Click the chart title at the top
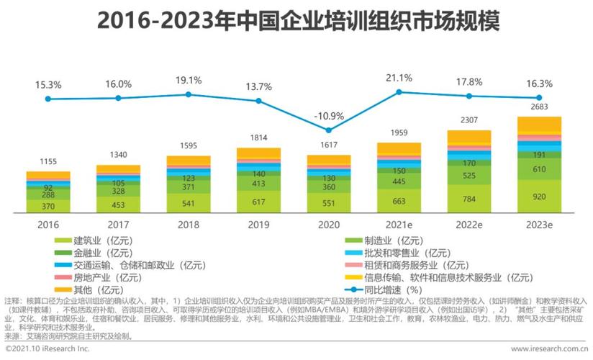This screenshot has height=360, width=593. coord(296,19)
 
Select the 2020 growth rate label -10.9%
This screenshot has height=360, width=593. coord(329,116)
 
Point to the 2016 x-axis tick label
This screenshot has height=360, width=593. coord(48,225)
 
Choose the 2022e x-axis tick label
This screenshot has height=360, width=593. coord(468,225)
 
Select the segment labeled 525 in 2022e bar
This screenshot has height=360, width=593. coord(468,176)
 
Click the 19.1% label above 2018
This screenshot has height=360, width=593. coord(189,80)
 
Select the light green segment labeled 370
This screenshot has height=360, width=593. coord(48,205)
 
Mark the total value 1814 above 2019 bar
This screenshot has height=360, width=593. coord(259,138)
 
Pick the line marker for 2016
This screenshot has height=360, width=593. coord(48,99)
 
